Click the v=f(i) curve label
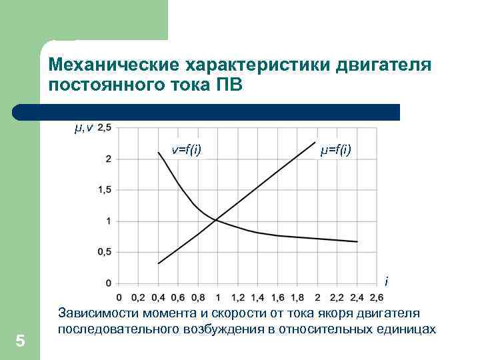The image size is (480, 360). coord(187,150)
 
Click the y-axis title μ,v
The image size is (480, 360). coord(83,127)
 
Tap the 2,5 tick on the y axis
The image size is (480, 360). coord(105,127)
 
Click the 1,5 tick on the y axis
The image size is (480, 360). coord(105,190)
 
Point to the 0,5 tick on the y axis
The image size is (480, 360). coord(105,252)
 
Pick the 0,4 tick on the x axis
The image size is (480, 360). coord(159,297)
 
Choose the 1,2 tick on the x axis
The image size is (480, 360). coord(238,297)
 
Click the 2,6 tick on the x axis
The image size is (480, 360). coord(377,297)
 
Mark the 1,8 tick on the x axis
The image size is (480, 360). coord(297,297)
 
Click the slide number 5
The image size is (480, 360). coord(20,341)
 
